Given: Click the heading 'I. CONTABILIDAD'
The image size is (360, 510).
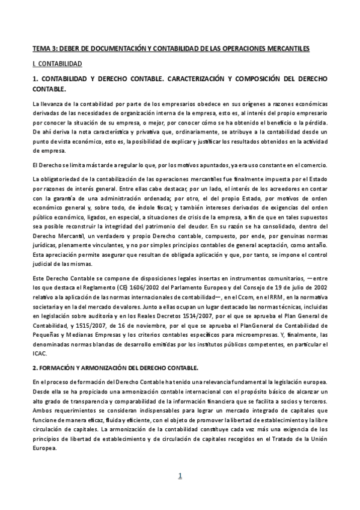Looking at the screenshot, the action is click(x=57, y=63).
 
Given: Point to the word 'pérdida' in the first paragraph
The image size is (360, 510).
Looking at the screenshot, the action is click(x=314, y=122).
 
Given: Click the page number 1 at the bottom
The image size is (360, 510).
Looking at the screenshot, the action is click(x=179, y=476).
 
